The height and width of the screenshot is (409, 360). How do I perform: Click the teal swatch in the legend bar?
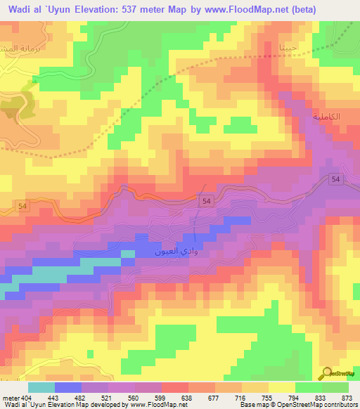pos(41,387)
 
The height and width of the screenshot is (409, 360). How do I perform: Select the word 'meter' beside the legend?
pos(11,398)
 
